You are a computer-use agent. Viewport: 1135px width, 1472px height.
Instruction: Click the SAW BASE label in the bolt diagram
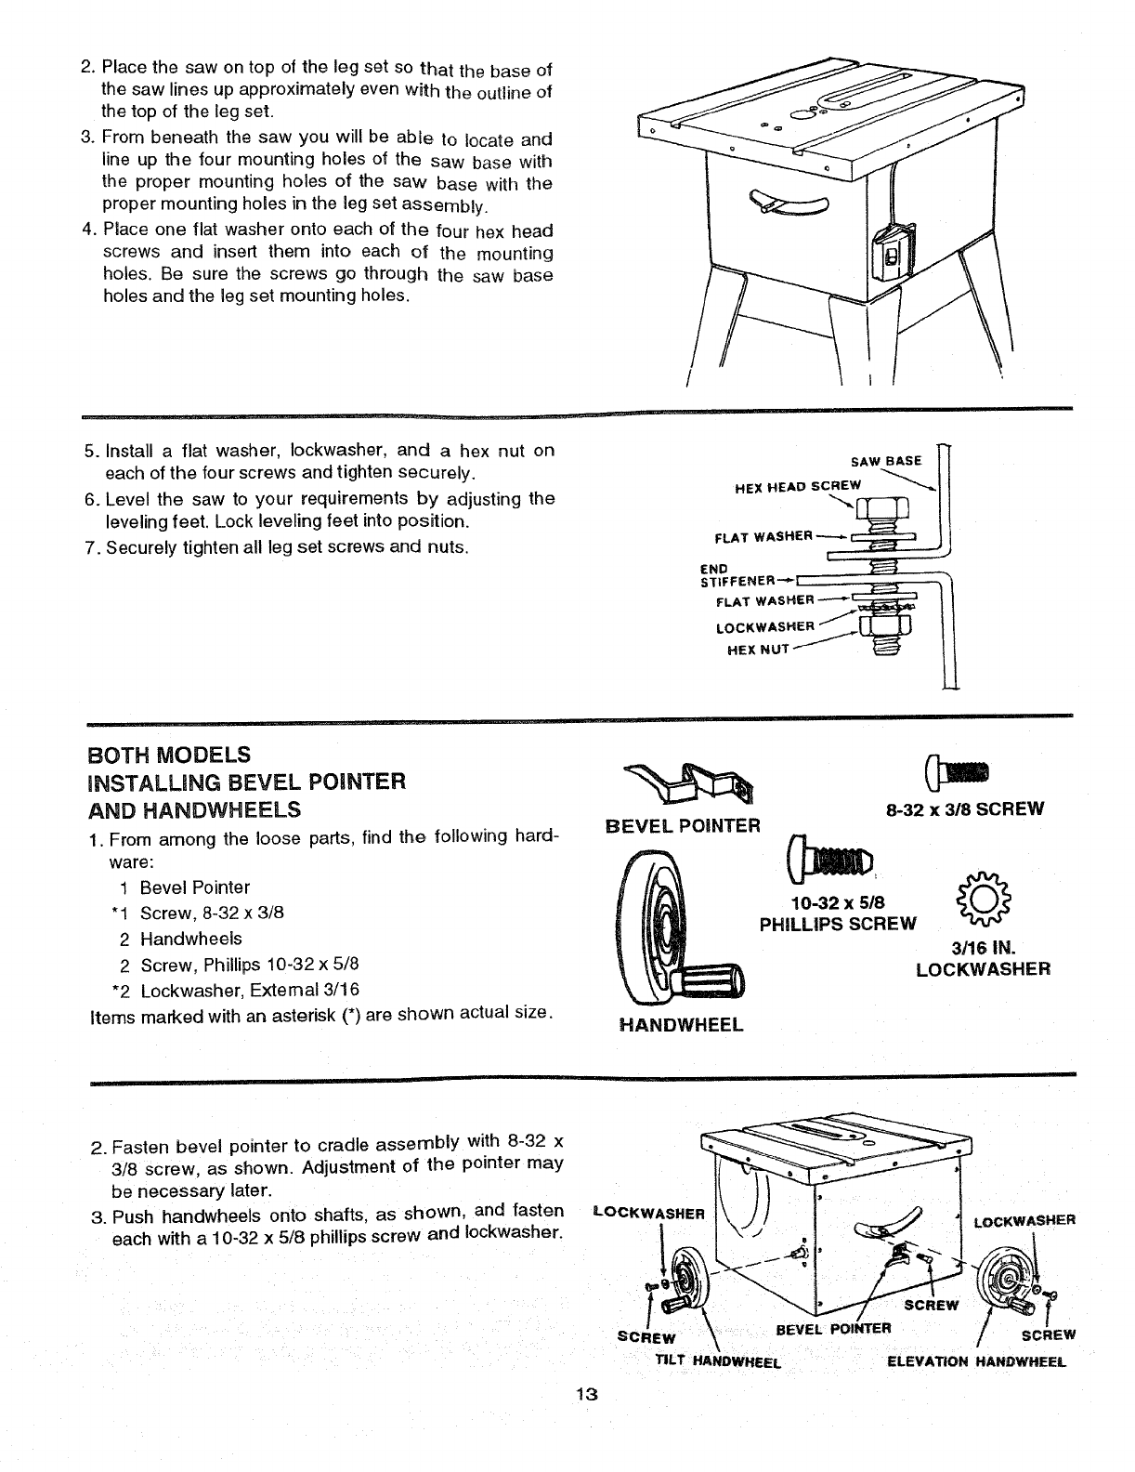[887, 461]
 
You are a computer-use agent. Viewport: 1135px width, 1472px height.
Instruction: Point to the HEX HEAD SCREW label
[798, 485]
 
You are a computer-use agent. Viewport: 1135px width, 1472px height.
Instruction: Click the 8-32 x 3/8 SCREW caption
[965, 808]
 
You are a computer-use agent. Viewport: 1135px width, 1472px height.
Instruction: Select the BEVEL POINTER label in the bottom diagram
[833, 1327]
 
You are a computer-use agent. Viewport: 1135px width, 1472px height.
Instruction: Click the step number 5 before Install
[89, 451]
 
